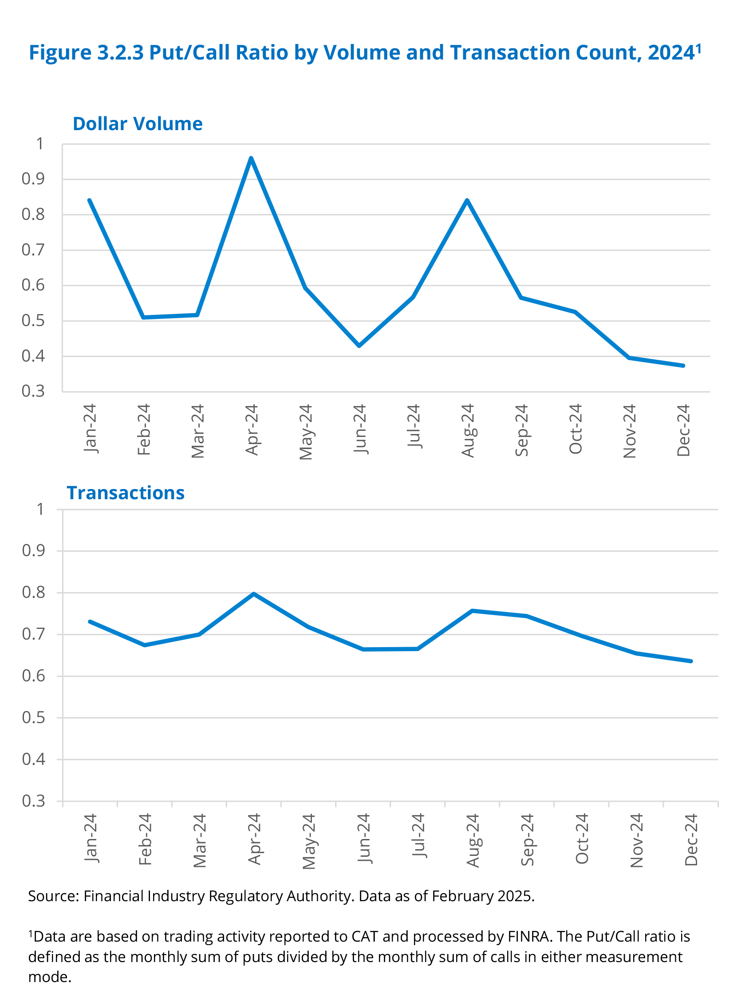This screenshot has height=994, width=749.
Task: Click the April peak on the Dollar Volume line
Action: point(251,158)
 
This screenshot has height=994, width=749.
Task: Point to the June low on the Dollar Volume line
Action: point(359,346)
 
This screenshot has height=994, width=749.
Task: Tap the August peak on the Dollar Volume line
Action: point(467,200)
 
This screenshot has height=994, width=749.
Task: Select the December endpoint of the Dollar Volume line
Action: point(683,366)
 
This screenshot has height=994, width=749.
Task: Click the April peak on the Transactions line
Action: point(254,594)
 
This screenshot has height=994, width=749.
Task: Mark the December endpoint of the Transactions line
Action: point(690,661)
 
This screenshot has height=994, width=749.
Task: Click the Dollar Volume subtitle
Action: point(138,124)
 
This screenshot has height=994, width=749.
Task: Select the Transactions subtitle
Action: point(126,493)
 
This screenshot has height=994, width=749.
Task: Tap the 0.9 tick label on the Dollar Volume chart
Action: point(33,179)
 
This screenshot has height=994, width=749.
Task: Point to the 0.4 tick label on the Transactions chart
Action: point(34,759)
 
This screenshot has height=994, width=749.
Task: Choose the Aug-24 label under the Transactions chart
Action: point(473,840)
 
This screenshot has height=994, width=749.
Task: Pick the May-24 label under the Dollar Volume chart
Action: point(306,432)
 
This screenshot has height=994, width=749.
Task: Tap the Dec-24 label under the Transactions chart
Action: point(691,839)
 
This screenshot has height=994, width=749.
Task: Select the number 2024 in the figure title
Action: point(671,52)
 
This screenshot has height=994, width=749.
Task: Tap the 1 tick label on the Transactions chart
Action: point(40,509)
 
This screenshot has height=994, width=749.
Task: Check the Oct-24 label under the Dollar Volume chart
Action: point(576,429)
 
